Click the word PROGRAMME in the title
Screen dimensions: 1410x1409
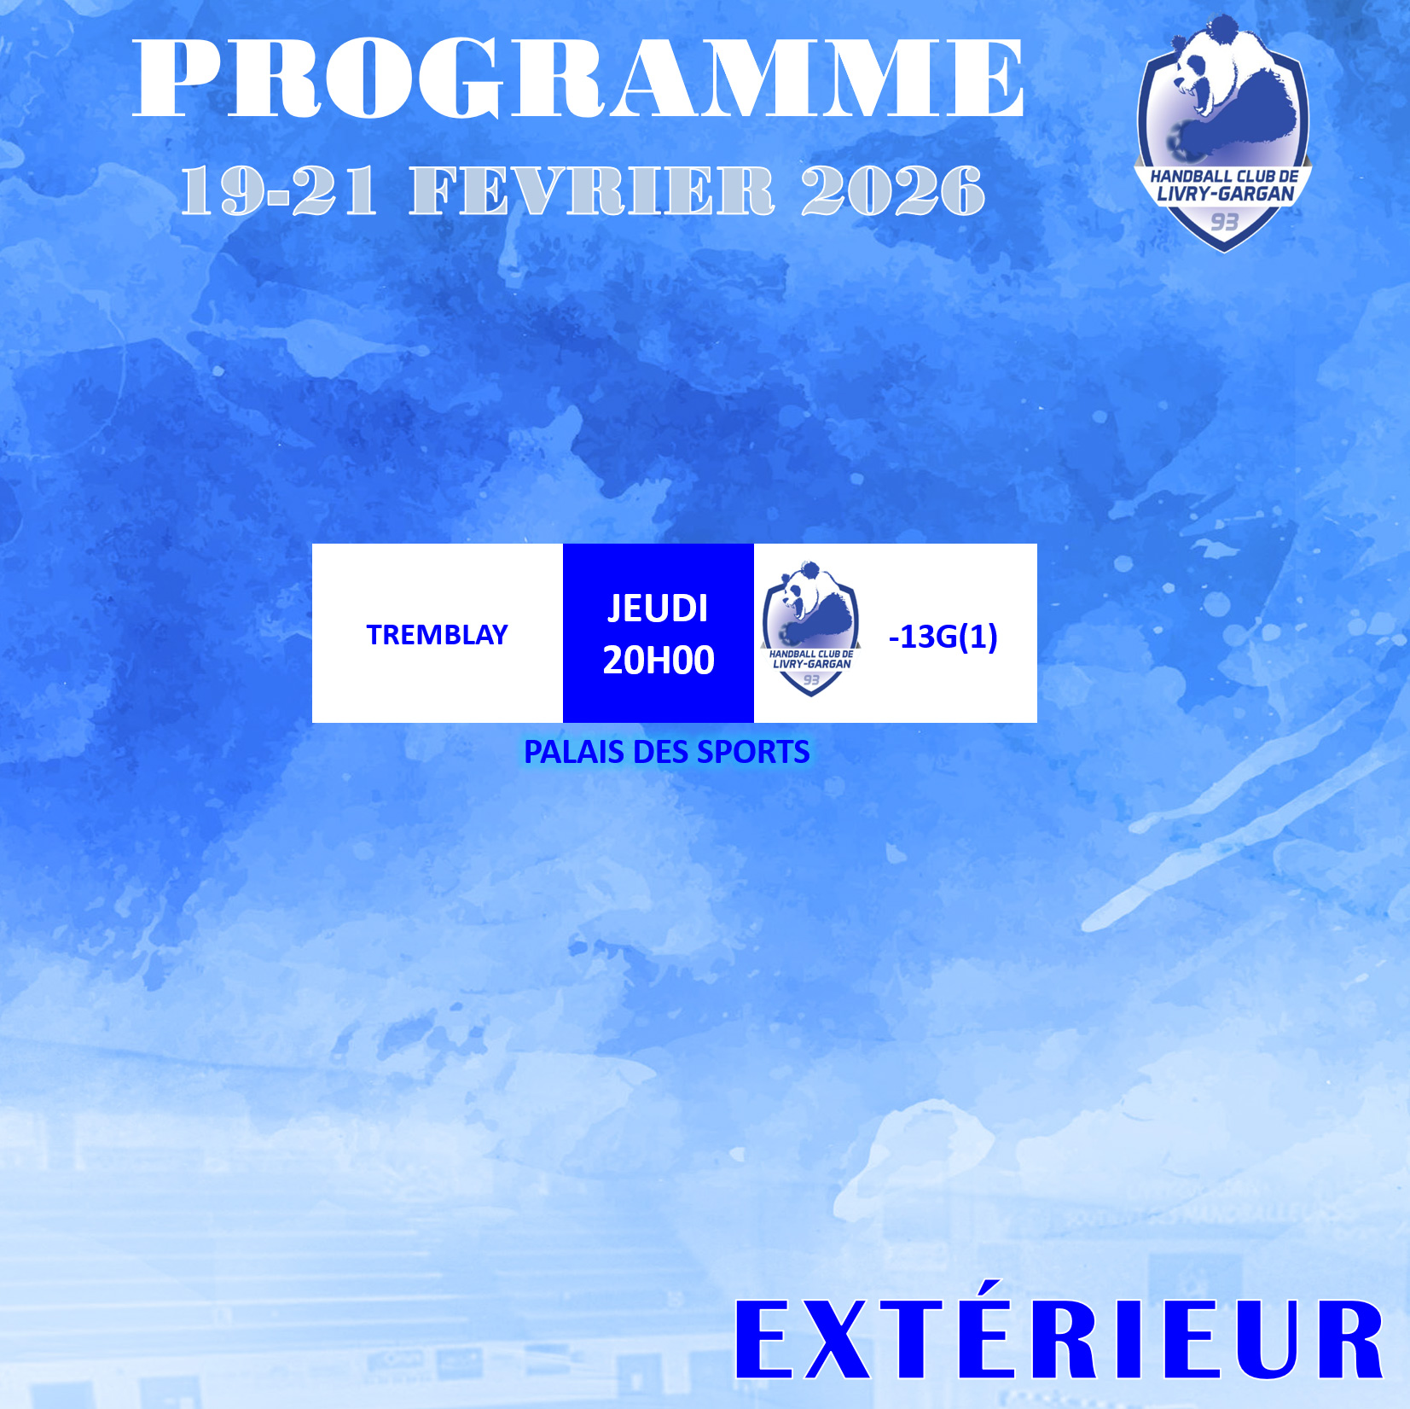pyautogui.click(x=578, y=78)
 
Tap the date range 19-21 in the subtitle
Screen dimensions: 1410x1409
pyautogui.click(x=278, y=189)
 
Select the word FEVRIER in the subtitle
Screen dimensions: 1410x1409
pyautogui.click(x=592, y=189)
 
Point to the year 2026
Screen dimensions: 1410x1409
pyautogui.click(x=893, y=189)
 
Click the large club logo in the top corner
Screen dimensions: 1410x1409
pyautogui.click(x=1223, y=133)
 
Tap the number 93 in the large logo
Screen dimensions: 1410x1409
pyautogui.click(x=1224, y=222)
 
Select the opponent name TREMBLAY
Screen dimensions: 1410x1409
pyautogui.click(x=437, y=635)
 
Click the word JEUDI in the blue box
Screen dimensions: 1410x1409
pyautogui.click(x=658, y=608)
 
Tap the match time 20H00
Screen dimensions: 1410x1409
pyautogui.click(x=659, y=661)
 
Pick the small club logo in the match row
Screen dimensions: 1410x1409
pyautogui.click(x=810, y=629)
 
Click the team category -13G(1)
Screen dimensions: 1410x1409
pyautogui.click(x=943, y=637)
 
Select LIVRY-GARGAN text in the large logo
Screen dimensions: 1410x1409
pyautogui.click(x=1225, y=194)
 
